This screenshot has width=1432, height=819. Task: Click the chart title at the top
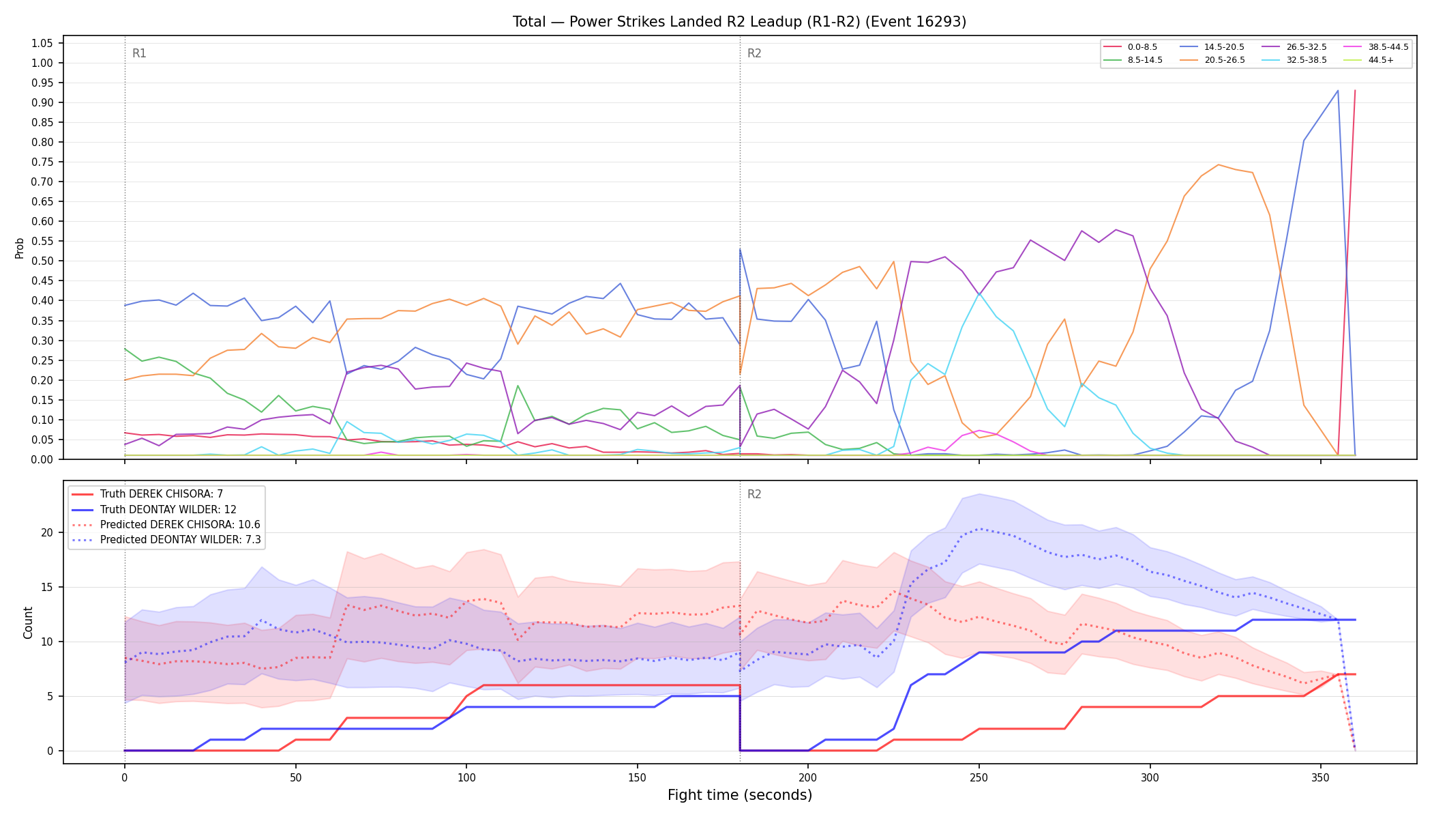(x=739, y=22)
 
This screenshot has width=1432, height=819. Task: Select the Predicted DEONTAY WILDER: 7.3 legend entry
(x=166, y=540)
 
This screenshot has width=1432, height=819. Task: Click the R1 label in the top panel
(x=139, y=53)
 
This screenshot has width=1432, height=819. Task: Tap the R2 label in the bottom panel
(x=754, y=494)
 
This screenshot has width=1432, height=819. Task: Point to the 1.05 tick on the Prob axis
(x=42, y=43)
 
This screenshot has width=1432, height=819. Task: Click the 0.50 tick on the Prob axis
(x=42, y=261)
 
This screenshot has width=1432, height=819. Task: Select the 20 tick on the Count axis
(x=46, y=532)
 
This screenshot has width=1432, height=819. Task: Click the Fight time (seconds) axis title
(x=740, y=795)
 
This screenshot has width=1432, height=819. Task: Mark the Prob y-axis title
(x=19, y=248)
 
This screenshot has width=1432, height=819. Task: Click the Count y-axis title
(x=28, y=622)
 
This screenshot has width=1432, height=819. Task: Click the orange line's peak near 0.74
(x=1218, y=164)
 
